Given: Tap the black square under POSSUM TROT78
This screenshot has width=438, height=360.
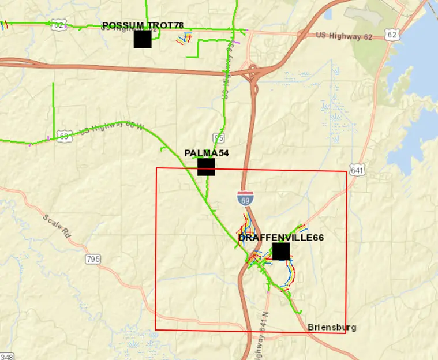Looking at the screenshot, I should tap(143, 39).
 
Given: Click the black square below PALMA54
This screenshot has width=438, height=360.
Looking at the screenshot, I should tap(206, 167).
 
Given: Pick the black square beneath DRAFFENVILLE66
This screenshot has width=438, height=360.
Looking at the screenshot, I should tap(280, 252).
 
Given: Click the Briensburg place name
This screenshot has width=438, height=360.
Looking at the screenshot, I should tap(332, 327).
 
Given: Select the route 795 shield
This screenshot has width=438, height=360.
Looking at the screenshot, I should tap(93, 259).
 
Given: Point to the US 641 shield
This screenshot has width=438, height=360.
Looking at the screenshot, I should tap(357, 170).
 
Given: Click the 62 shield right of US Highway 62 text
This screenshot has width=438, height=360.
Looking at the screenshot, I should tap(392, 35).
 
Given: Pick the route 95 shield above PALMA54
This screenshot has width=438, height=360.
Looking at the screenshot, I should tap(218, 137).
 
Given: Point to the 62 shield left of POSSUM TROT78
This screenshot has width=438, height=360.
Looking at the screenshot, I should tap(58, 24).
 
